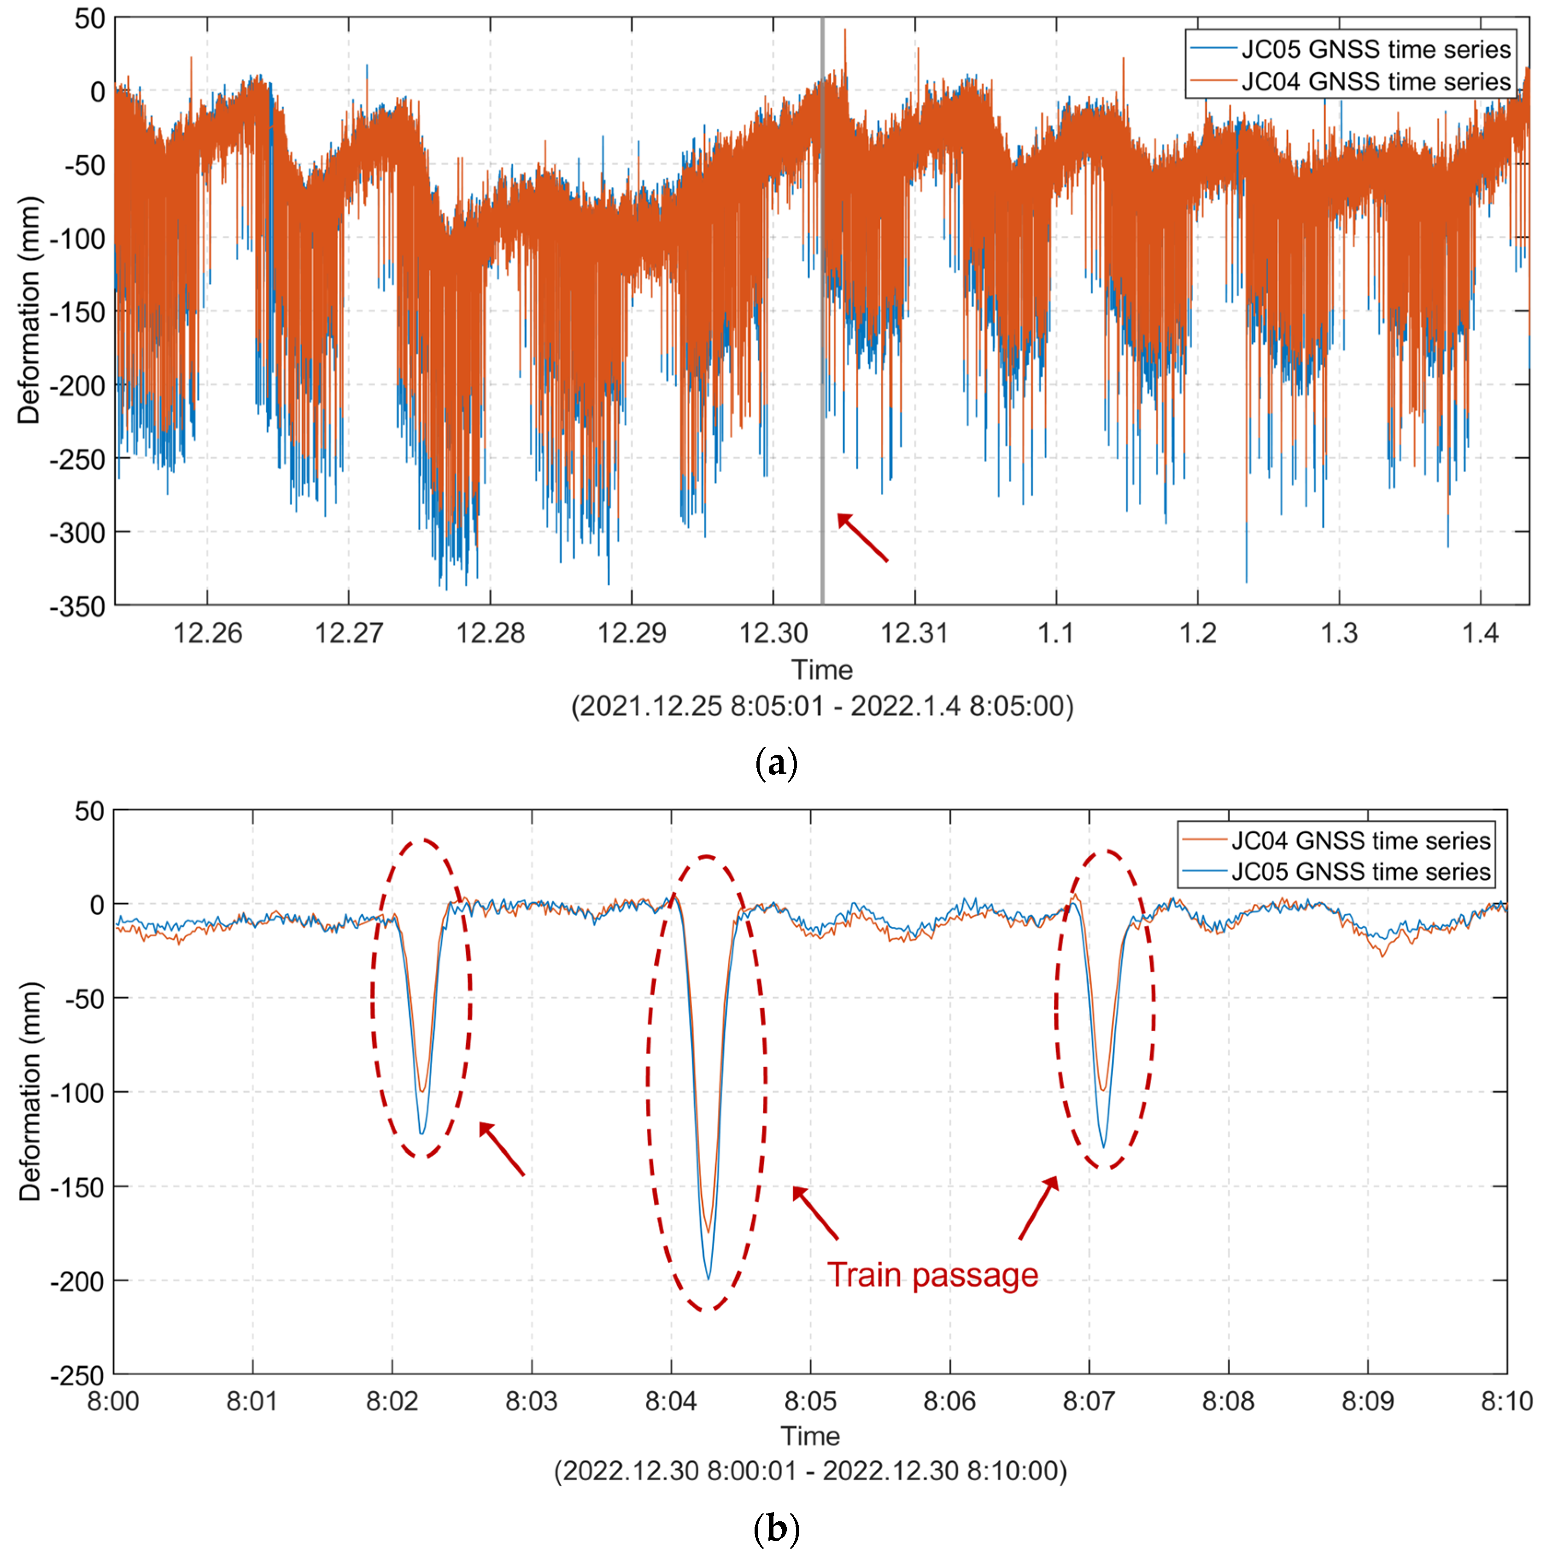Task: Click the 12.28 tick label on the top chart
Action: (490, 632)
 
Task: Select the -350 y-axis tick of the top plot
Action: (77, 606)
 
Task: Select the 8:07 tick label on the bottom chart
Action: (1089, 1401)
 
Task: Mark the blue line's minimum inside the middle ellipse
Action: (709, 1278)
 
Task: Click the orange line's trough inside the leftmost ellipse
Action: (422, 1091)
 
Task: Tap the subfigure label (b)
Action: (775, 1529)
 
